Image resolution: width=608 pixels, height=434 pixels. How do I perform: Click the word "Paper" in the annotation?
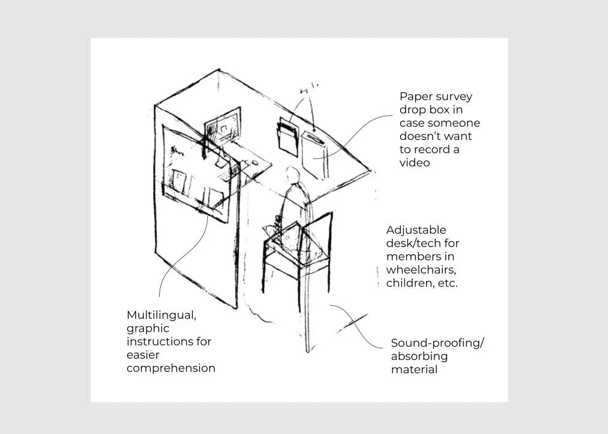tap(415, 96)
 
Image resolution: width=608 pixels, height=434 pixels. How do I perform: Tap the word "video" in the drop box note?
tap(415, 163)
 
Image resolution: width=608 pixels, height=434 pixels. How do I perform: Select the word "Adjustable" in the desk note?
tap(416, 230)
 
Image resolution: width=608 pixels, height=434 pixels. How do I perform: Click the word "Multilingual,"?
tap(161, 315)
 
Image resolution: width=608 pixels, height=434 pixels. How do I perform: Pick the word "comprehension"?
tap(171, 368)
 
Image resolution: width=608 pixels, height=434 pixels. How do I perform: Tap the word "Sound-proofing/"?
tap(437, 343)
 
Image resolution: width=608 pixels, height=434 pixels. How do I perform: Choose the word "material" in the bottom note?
tap(414, 370)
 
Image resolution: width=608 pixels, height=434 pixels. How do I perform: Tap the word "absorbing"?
tap(419, 356)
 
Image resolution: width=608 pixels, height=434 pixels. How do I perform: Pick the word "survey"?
tap(453, 96)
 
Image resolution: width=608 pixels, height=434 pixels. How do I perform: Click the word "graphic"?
tap(148, 329)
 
